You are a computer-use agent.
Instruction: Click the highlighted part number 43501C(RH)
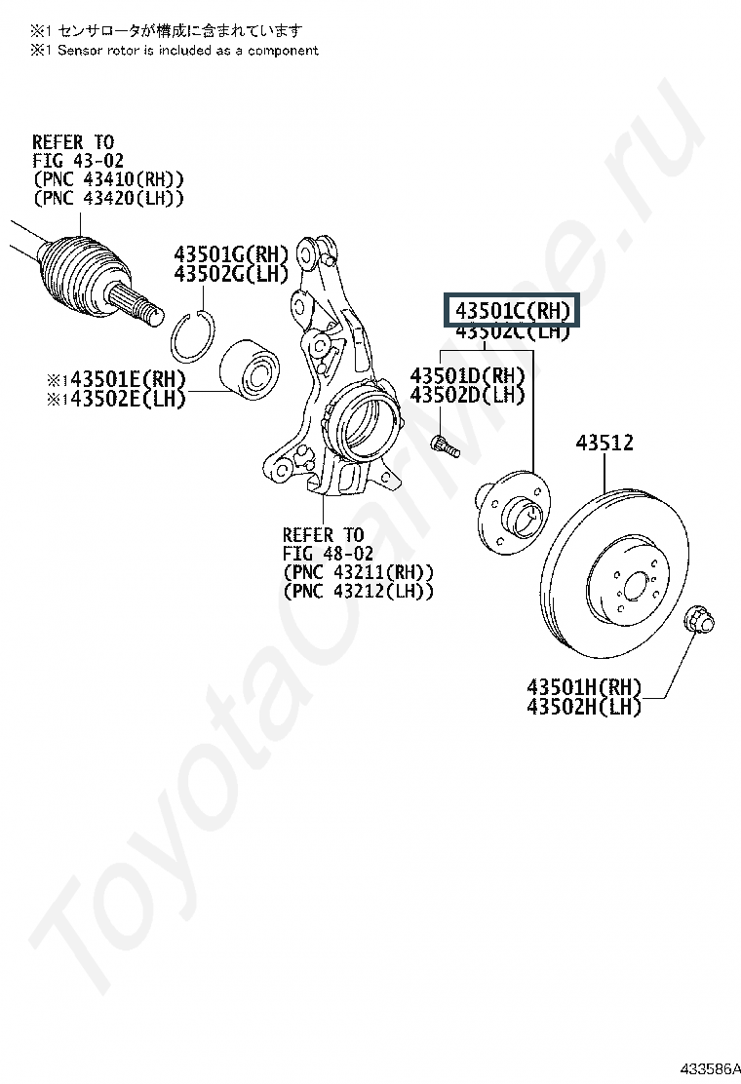point(511,311)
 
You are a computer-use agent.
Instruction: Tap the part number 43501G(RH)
point(231,253)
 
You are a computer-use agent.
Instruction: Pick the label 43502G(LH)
point(231,274)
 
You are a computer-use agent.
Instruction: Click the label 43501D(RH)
point(467,376)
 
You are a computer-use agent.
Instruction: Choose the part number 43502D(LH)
point(467,396)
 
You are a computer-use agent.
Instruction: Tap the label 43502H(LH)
point(584,707)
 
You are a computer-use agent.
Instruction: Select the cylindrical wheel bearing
point(251,369)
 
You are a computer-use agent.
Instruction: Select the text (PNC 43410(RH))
point(107,180)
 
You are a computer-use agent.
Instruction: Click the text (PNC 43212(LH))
point(358,592)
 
